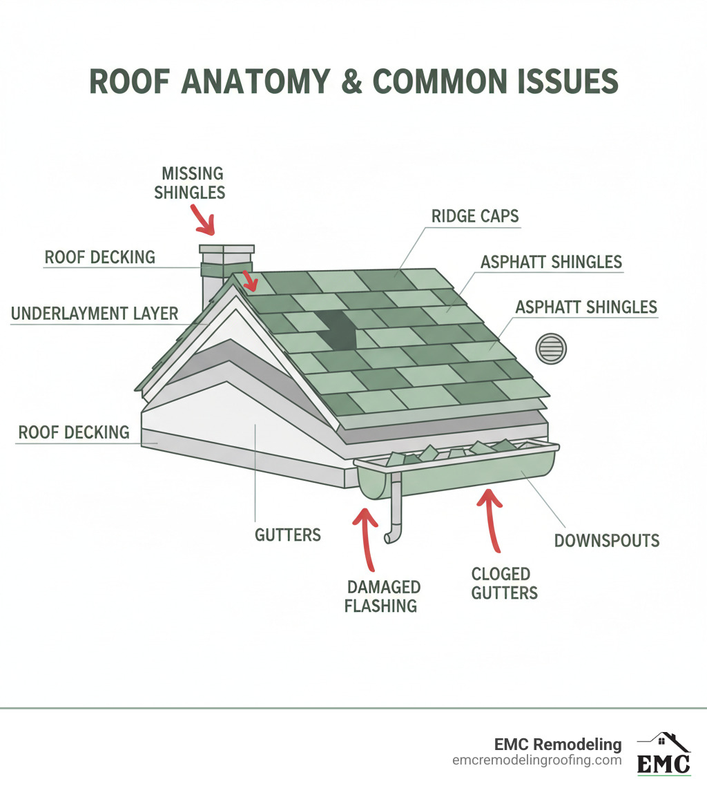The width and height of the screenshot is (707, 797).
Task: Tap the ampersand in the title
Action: (x=352, y=81)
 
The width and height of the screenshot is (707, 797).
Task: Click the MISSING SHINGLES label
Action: (x=190, y=182)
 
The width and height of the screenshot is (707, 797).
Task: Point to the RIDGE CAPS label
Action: (x=475, y=216)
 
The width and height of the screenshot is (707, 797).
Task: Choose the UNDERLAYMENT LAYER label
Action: (x=95, y=314)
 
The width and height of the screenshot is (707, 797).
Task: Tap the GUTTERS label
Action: (x=288, y=534)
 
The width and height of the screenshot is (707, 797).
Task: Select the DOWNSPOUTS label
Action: (x=607, y=540)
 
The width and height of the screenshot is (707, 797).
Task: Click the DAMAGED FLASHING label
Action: (x=382, y=597)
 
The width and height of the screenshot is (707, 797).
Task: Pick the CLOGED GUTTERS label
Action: (x=504, y=583)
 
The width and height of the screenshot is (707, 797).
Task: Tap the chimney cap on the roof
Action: (x=226, y=251)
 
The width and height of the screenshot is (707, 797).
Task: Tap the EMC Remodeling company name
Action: (x=558, y=745)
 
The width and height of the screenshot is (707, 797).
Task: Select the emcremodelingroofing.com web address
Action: (x=537, y=760)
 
